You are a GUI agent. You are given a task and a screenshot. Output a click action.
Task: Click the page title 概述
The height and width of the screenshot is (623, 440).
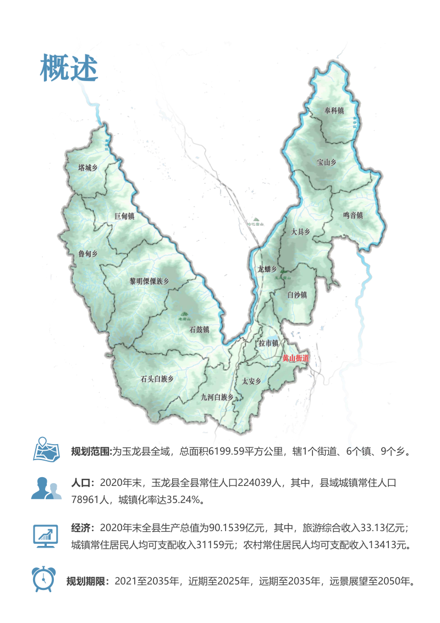[x=69, y=68]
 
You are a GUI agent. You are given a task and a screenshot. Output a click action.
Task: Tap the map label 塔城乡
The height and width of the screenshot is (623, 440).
[x=87, y=168]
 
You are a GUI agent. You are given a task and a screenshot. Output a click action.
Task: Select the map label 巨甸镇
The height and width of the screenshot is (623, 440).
[x=124, y=216]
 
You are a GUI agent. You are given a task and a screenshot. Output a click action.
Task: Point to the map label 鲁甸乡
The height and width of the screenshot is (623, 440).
[x=87, y=254]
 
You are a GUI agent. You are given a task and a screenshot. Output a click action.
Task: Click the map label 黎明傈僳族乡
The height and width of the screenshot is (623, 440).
[x=148, y=281]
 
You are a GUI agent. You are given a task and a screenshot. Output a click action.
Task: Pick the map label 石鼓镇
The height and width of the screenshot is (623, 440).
[x=199, y=330]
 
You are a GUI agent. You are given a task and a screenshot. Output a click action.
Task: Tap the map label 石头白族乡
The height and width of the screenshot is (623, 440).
[x=157, y=379]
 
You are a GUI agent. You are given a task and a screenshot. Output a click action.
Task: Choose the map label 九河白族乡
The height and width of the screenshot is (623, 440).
[x=217, y=396]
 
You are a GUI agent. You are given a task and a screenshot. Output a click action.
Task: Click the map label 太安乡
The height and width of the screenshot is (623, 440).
[x=251, y=381]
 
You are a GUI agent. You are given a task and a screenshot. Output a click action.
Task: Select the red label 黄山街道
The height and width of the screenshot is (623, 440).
[x=295, y=358]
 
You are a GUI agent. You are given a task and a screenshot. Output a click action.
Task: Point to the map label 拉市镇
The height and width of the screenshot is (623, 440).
[x=269, y=343]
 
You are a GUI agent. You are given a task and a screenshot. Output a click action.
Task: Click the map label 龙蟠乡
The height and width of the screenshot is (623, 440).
[x=267, y=269]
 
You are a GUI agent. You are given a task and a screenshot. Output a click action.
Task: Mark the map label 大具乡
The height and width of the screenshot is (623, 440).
[x=301, y=232]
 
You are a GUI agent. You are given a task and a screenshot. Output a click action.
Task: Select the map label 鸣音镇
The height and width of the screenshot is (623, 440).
[x=353, y=215]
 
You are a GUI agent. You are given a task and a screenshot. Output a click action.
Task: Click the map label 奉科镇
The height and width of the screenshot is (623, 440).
[x=334, y=111]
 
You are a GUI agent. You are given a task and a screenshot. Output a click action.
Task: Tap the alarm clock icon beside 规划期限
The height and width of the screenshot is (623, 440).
[x=42, y=579]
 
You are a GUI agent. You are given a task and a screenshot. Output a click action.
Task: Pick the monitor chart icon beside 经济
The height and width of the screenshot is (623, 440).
[x=46, y=534]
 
